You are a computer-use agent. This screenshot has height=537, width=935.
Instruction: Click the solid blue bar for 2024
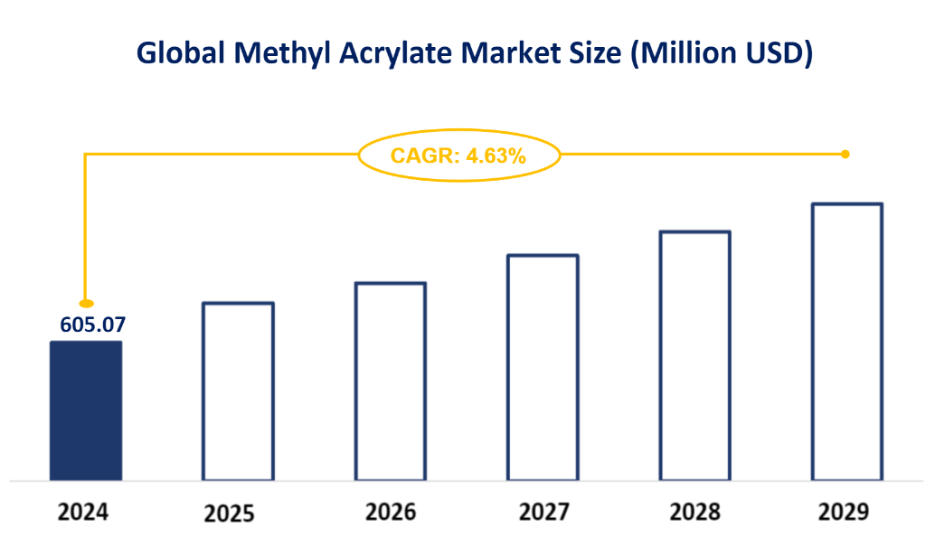click(x=85, y=410)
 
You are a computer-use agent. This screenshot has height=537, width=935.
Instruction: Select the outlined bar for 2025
click(x=238, y=391)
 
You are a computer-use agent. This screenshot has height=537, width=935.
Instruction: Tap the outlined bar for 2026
click(x=390, y=381)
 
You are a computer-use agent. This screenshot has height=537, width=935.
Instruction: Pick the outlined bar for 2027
click(x=543, y=367)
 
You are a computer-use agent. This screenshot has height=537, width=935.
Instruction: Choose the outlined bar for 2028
click(x=694, y=355)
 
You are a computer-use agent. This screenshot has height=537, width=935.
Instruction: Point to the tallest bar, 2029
click(x=846, y=342)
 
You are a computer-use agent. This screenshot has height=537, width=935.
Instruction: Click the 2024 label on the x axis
click(x=83, y=513)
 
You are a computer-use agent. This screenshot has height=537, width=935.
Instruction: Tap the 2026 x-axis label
click(x=391, y=513)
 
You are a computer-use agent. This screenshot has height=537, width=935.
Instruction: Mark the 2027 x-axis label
click(x=544, y=513)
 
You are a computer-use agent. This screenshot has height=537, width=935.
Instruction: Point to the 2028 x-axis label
click(x=695, y=513)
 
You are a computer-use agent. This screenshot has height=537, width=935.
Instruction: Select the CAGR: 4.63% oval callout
click(x=458, y=155)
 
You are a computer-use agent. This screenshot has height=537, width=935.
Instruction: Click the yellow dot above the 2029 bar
click(x=845, y=155)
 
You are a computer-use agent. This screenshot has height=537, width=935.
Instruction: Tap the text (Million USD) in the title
click(x=722, y=53)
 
